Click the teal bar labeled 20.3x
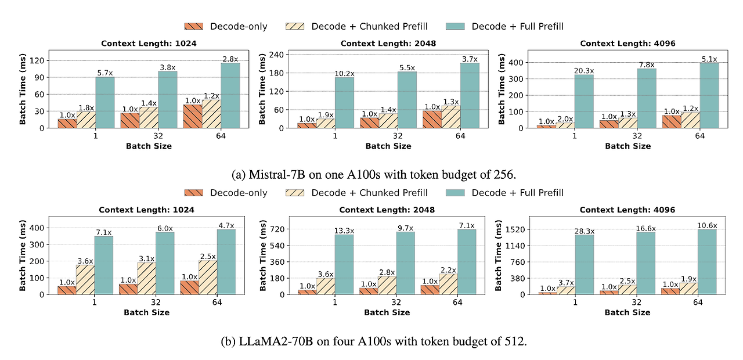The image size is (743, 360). click(x=585, y=101)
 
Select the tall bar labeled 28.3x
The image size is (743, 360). click(x=585, y=264)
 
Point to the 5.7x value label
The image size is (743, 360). click(x=105, y=73)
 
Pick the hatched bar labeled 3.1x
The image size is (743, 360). click(x=146, y=278)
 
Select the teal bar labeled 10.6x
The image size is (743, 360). click(x=707, y=262)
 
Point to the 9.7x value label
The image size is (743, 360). click(x=406, y=228)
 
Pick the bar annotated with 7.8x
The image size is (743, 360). click(x=646, y=98)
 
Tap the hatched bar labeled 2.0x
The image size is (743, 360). click(x=565, y=125)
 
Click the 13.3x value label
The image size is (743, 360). click(x=344, y=231)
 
